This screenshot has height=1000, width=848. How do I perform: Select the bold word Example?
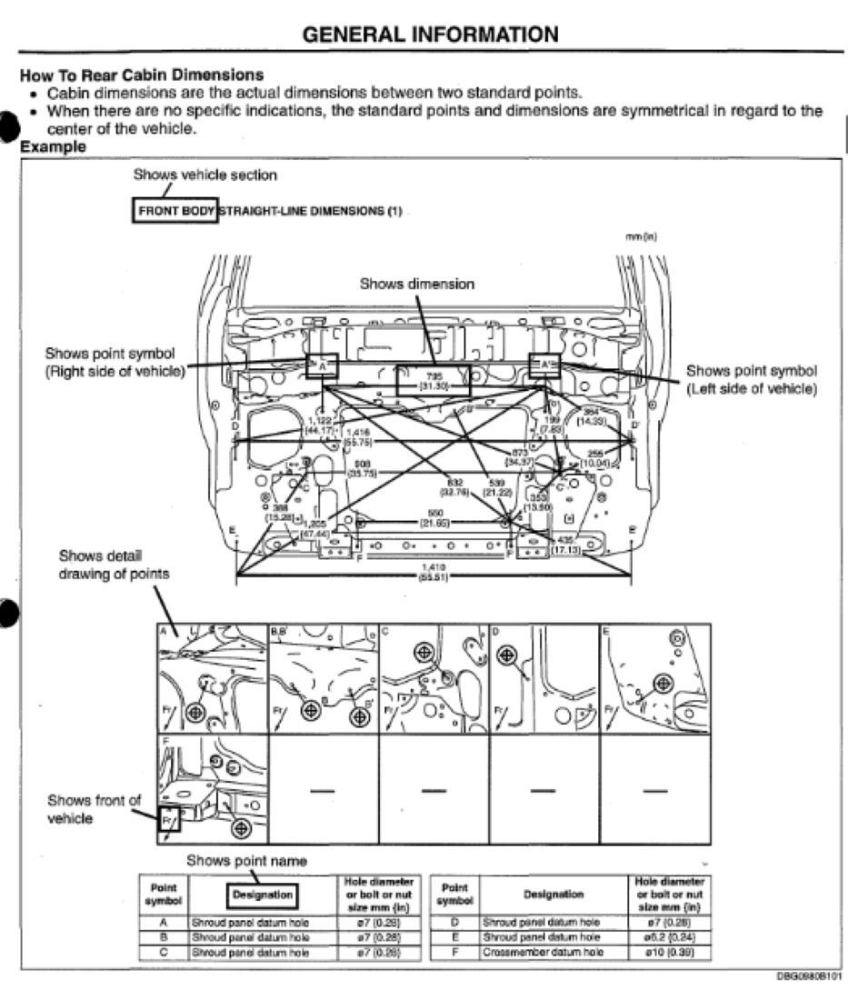(x=50, y=145)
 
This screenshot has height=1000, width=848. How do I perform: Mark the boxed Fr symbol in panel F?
(x=169, y=820)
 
